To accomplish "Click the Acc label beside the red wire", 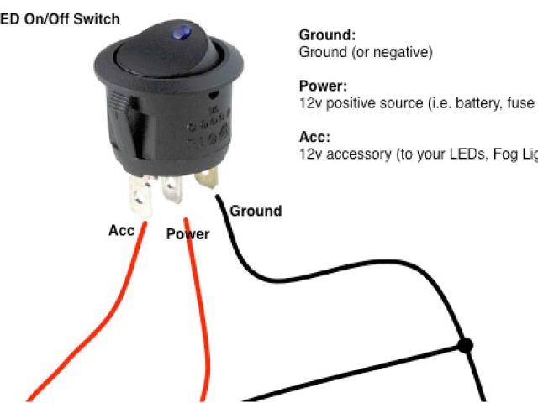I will click(121, 230).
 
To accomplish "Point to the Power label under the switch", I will click(187, 233).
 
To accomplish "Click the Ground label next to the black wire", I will click(256, 210).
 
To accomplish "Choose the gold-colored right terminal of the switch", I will click(207, 180).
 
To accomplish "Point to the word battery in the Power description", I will click(465, 103).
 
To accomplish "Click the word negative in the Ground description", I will click(405, 53).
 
